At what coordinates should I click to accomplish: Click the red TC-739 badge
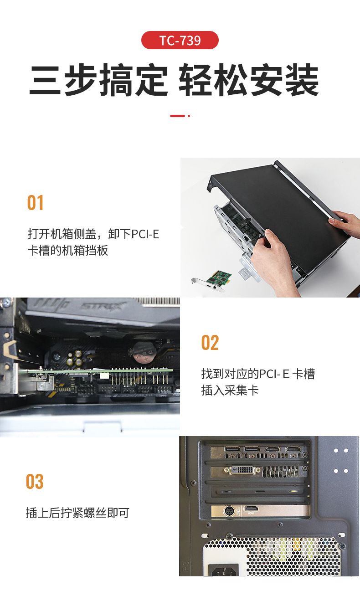[x=180, y=40]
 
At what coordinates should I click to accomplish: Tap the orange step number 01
[x=35, y=203]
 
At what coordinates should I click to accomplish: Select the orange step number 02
[x=210, y=343]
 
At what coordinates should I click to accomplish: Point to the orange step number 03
[x=35, y=482]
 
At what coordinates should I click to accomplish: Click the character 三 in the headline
[x=45, y=80]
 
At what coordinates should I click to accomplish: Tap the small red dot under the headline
[x=189, y=116]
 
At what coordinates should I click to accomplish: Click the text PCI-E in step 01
[x=145, y=234]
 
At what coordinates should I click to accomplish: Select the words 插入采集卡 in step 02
[x=230, y=390]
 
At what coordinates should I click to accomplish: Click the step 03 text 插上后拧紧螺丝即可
[x=77, y=513]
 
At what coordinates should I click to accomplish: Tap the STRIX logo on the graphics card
[x=103, y=306]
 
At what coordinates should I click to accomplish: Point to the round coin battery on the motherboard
[x=144, y=353]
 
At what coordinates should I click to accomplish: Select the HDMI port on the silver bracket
[x=251, y=509]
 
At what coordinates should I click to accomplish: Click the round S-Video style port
[x=229, y=511]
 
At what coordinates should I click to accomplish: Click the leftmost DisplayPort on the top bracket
[x=233, y=449]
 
